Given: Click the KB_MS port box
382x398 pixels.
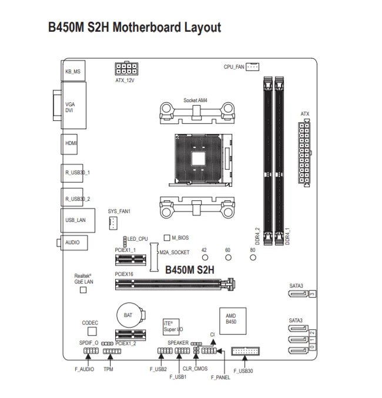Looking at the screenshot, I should [x=73, y=70].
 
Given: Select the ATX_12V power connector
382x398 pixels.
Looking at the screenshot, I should [x=125, y=68].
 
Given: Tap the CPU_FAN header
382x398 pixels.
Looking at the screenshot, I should [x=252, y=67].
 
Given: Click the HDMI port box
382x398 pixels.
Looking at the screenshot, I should [x=71, y=143].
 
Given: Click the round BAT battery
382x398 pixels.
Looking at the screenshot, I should [x=128, y=315].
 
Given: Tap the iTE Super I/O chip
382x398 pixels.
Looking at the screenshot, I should [x=173, y=326].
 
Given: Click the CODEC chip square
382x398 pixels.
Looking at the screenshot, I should [x=89, y=333].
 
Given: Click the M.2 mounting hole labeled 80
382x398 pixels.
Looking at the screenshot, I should [x=253, y=258].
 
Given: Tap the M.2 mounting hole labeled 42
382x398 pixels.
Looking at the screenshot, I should [x=204, y=258].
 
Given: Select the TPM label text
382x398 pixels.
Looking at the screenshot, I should [x=108, y=369].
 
